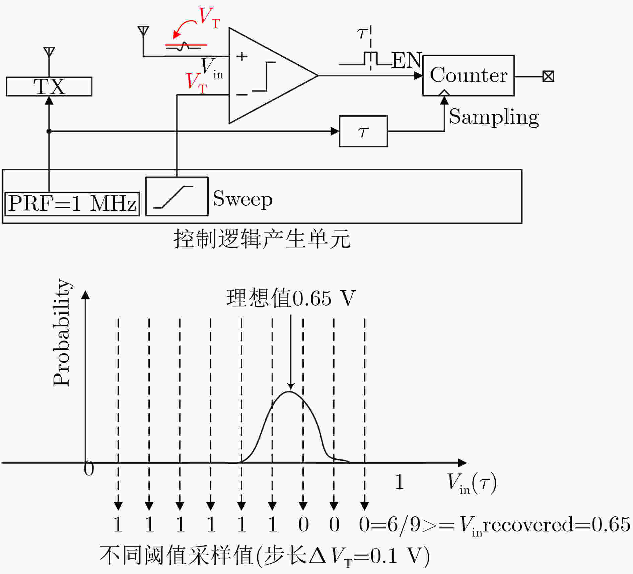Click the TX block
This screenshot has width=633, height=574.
pos(49,86)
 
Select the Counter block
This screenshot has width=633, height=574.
pos(469,75)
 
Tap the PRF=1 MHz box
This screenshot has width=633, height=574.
pos(72,204)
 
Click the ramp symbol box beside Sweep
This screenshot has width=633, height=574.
pos(177,196)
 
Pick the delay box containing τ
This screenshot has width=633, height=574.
pos(363,131)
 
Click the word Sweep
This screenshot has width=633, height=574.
pos(243,199)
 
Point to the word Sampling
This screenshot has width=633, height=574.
pos(494,117)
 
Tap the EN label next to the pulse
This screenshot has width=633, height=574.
pos(406,60)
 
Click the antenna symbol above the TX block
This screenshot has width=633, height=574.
pos(49,52)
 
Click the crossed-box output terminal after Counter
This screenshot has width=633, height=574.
pos(548,76)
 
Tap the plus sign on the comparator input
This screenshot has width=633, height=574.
pos(241,56)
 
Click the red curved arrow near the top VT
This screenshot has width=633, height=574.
pos(184,26)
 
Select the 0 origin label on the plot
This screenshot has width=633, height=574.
pos(89,468)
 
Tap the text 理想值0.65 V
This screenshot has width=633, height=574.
pos(291,298)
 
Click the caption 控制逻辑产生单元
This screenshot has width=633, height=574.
pos(262,239)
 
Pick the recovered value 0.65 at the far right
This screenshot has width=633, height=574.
pos(611,524)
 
